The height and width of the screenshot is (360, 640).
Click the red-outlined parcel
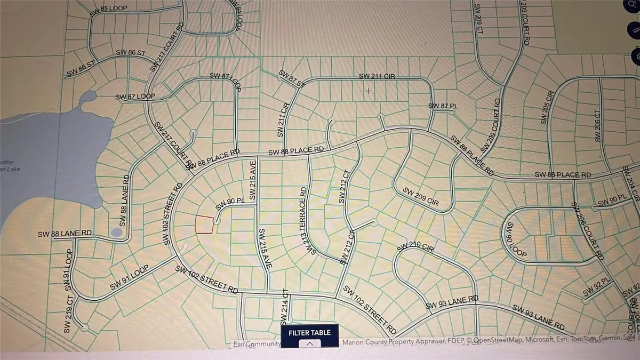point(204,224)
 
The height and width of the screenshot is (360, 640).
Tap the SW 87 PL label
point(443,106)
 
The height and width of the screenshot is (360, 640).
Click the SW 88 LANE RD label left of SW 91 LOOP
point(65,234)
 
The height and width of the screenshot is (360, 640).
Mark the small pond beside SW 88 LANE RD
point(117,232)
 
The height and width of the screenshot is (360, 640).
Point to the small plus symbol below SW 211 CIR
point(369,91)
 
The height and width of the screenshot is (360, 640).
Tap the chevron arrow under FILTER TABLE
point(310,344)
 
